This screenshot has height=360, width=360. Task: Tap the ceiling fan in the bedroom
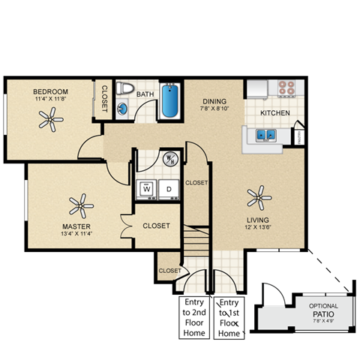(x=52, y=116)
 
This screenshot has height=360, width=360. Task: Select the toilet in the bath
(x=127, y=91)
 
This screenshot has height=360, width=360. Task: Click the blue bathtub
(x=171, y=103)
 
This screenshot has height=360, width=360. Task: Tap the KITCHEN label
(x=274, y=112)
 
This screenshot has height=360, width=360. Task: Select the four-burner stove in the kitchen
(x=287, y=87)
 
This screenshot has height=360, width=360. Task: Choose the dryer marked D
(x=169, y=188)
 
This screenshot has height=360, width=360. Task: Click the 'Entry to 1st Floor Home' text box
(x=229, y=317)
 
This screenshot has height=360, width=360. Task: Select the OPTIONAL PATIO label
(x=323, y=310)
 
